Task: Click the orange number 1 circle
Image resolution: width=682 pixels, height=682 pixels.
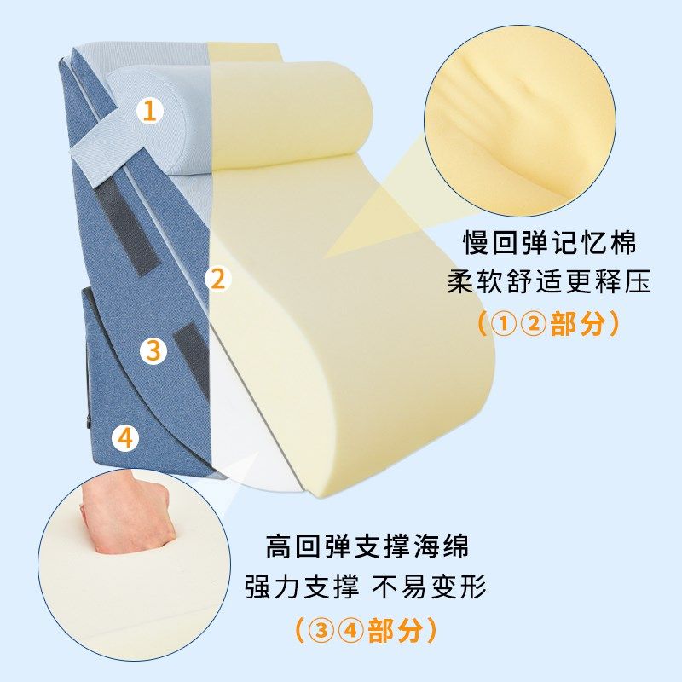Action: (150, 111)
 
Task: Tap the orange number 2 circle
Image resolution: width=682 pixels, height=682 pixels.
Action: (218, 279)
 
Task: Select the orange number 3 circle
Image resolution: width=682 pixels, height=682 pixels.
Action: (153, 350)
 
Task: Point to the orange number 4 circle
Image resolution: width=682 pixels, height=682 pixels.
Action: (125, 437)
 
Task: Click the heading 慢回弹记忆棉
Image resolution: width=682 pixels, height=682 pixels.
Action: (549, 243)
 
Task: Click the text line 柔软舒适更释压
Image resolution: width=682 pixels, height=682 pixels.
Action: (548, 282)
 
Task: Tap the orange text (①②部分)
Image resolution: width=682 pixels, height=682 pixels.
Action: (548, 323)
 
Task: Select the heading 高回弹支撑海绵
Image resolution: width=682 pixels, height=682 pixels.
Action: (367, 546)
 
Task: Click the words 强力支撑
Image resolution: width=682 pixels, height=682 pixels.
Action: (302, 587)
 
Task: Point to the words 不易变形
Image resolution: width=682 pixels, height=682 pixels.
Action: (429, 587)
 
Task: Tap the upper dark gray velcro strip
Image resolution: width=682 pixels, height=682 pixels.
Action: (125, 226)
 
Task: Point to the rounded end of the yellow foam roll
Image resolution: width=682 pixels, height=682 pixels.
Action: (348, 114)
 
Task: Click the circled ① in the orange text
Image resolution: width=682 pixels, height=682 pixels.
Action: (504, 324)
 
